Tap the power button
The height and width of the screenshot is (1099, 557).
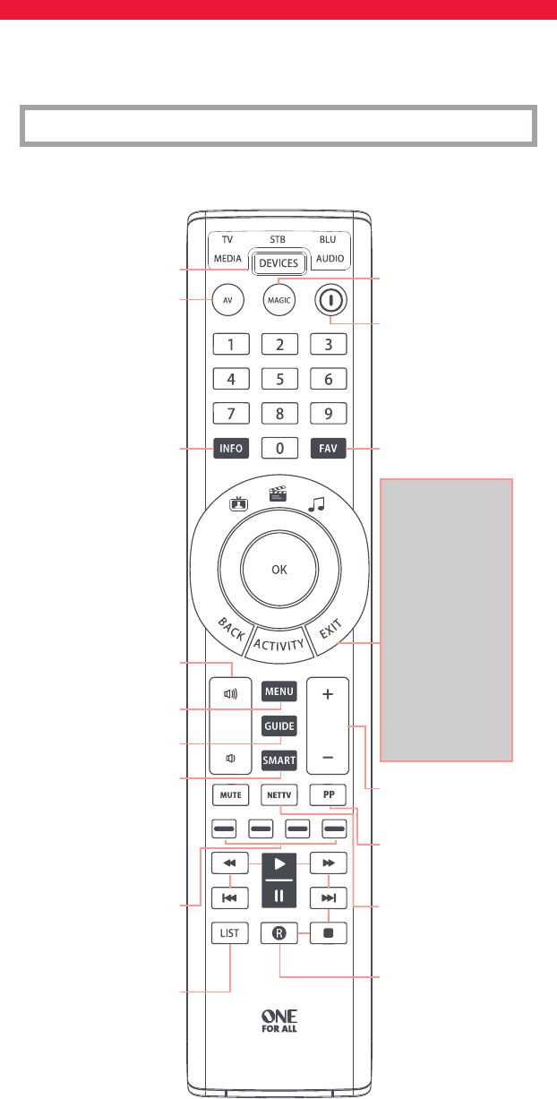(329, 300)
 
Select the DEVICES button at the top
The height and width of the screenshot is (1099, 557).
(279, 263)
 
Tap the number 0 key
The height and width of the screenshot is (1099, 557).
(279, 448)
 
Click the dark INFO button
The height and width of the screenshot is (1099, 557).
(230, 448)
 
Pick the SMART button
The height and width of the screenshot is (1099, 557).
(279, 760)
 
